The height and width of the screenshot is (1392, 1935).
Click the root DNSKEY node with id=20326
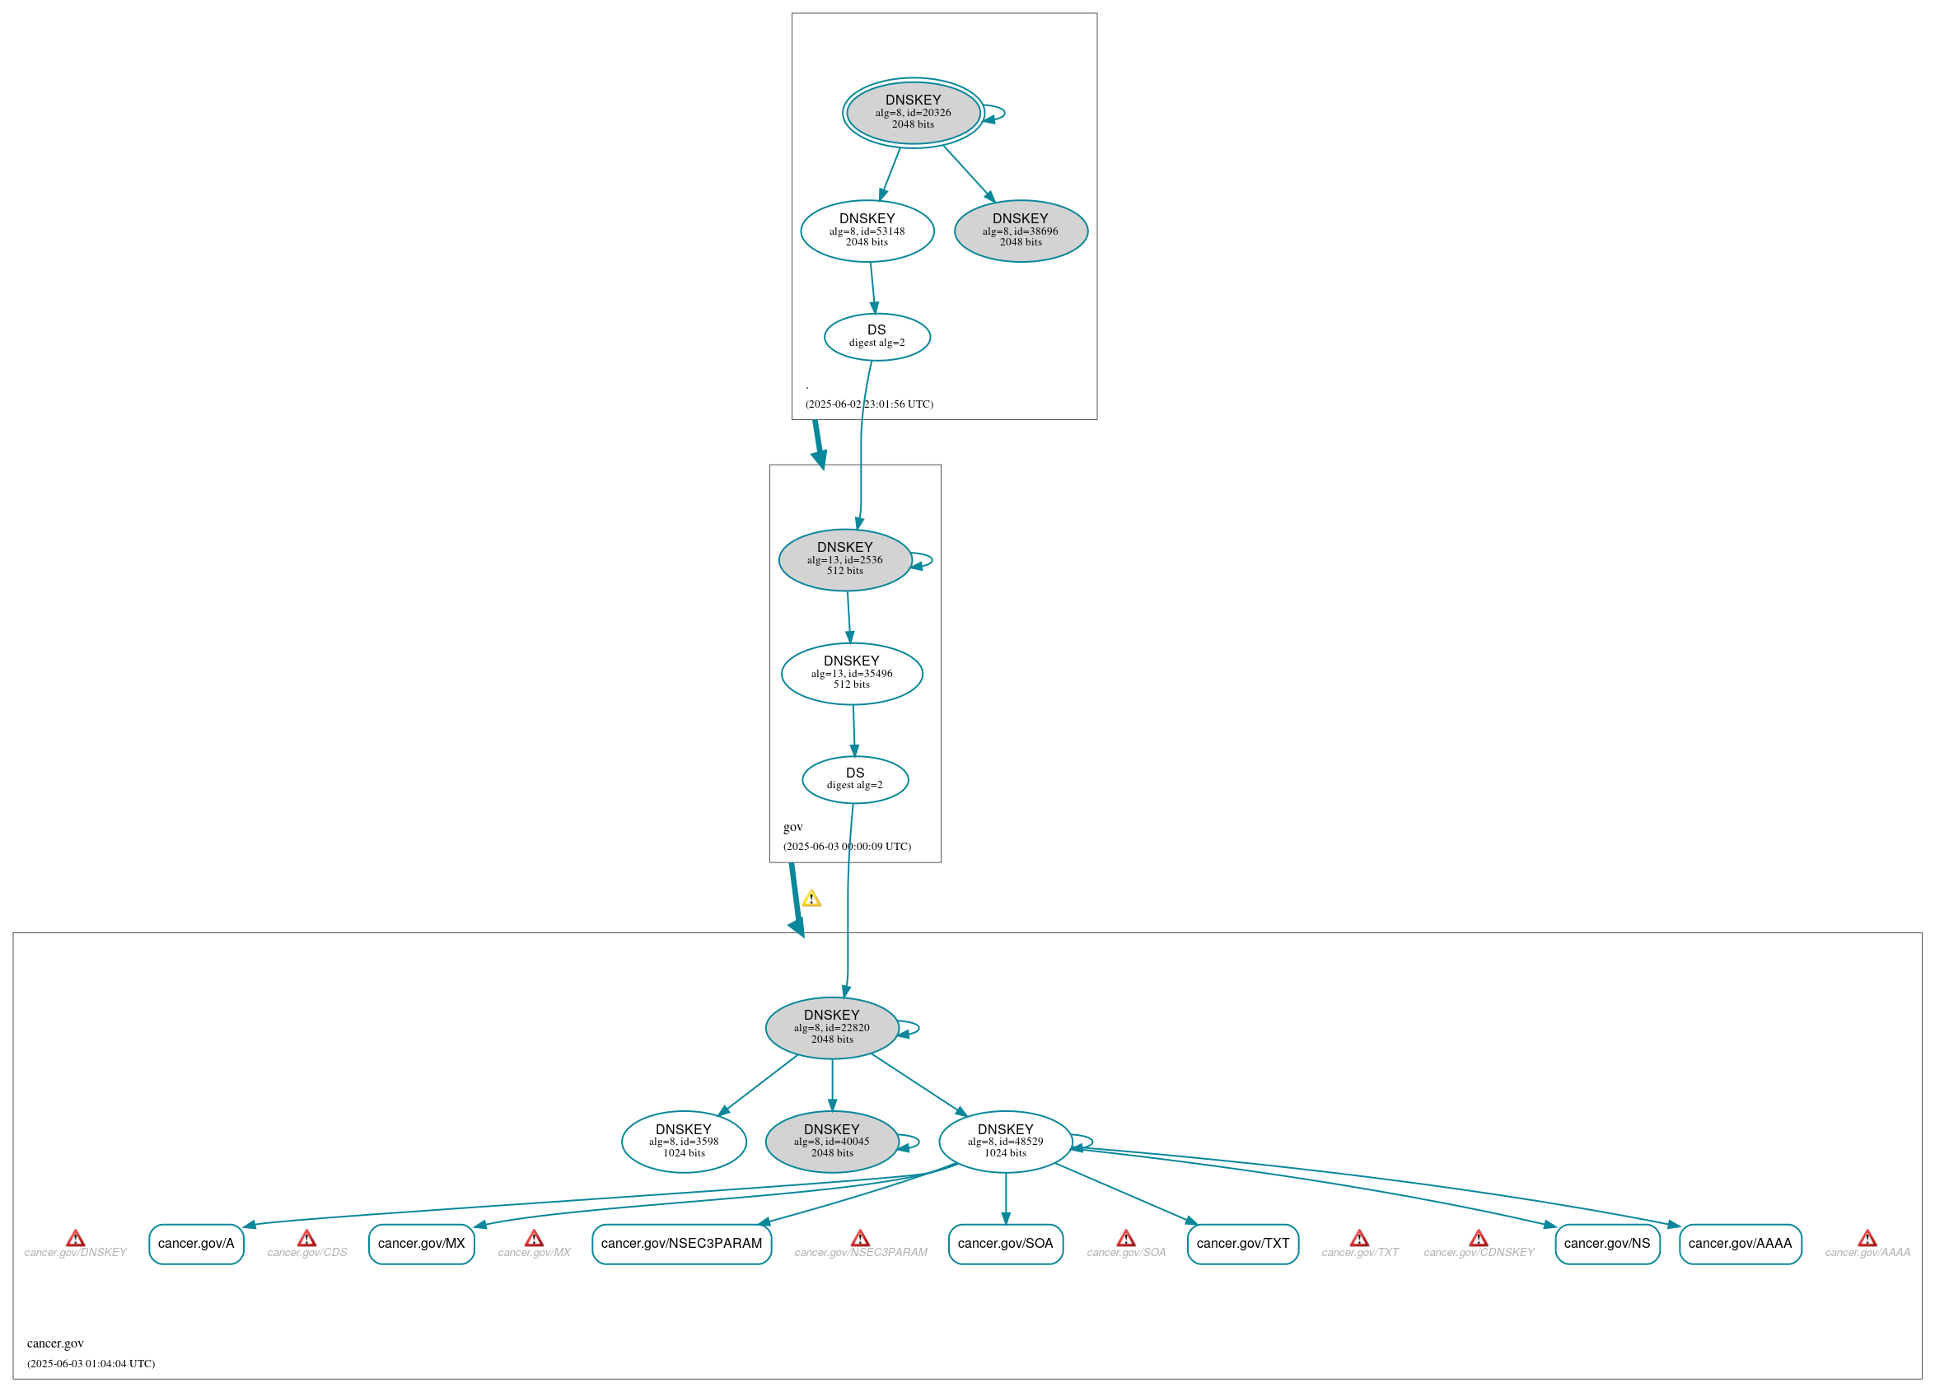click(913, 113)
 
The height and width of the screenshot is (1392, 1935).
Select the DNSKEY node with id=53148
click(867, 231)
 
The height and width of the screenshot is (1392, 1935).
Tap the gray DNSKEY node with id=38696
click(1021, 231)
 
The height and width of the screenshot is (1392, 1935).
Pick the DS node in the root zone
click(876, 337)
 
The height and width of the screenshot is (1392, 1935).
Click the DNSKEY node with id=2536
click(844, 559)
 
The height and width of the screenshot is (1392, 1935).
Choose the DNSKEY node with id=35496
click(852, 673)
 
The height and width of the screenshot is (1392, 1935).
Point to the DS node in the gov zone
click(855, 778)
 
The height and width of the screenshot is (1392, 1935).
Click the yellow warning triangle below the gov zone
click(811, 898)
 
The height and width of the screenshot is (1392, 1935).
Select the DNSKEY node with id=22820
click(832, 1028)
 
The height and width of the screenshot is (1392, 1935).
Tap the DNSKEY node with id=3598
click(684, 1142)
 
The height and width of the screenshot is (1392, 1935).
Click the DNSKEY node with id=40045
click(832, 1142)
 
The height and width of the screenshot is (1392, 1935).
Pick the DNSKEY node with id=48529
click(1005, 1142)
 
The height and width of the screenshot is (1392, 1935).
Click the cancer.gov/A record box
click(196, 1244)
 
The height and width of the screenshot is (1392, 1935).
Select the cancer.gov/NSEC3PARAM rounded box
click(682, 1244)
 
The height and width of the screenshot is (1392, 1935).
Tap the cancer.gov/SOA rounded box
click(1005, 1244)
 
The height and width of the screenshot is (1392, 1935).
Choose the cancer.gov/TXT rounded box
click(1242, 1244)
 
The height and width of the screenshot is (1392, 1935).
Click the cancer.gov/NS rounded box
click(1607, 1244)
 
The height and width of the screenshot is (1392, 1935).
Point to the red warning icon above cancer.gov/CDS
click(307, 1238)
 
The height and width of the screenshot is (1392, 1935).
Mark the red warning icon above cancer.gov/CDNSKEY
click(1479, 1238)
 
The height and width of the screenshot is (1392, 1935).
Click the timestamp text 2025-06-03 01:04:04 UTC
click(91, 1364)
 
